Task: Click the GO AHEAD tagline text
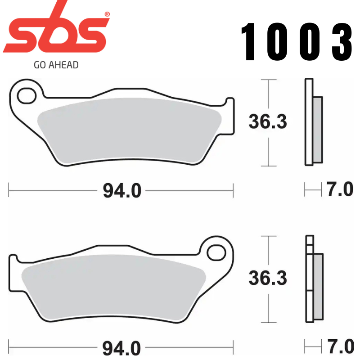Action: click(x=56, y=65)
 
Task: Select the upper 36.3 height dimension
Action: click(x=268, y=122)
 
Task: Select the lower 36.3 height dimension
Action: click(x=268, y=279)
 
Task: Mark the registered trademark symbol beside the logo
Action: click(x=107, y=14)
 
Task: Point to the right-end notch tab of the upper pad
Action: click(x=230, y=115)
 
